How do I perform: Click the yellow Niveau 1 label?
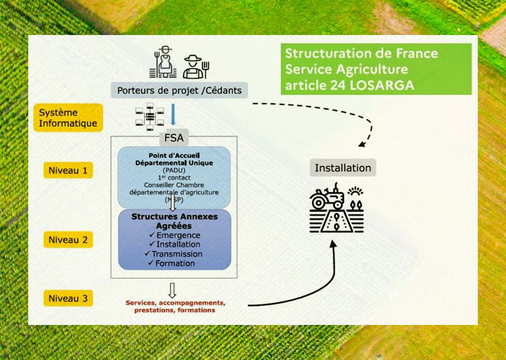[x=68, y=170]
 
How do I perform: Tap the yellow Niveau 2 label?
[x=68, y=240]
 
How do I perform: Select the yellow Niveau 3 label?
[x=68, y=298]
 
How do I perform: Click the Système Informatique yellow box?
[x=68, y=118]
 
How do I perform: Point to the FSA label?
[x=174, y=138]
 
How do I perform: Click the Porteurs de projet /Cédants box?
[x=180, y=90]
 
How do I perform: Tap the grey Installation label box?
[x=343, y=168]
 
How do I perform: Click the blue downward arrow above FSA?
[x=173, y=114]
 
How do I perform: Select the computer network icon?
[x=150, y=116]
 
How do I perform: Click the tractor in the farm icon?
[x=326, y=197]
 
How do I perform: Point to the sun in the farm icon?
[x=355, y=191]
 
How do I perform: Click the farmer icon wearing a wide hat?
[x=193, y=67]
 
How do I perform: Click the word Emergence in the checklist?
[x=178, y=235]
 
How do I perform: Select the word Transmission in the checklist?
[x=177, y=254]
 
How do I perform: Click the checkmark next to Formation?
[x=151, y=263]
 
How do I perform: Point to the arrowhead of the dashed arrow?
[x=362, y=144]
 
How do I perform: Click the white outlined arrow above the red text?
[x=172, y=290]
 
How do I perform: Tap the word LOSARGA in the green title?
[x=382, y=85]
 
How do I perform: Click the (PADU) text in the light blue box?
[x=174, y=170]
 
